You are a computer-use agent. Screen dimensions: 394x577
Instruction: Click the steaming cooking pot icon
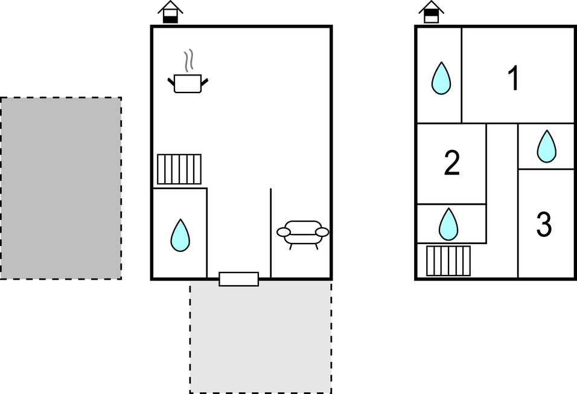point(188,83)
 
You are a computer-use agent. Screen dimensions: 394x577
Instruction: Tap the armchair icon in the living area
point(303,233)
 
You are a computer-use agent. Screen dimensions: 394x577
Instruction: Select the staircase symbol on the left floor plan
point(179,169)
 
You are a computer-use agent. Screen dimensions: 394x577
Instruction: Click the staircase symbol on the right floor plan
point(448,260)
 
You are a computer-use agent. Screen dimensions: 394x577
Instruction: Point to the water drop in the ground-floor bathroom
point(180,235)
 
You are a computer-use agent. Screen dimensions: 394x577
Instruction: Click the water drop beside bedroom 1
point(441,78)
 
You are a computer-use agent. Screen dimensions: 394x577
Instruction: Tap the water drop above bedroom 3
point(547,146)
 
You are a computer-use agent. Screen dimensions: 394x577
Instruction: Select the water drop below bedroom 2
point(448,224)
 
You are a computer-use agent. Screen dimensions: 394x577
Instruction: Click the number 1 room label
point(514,78)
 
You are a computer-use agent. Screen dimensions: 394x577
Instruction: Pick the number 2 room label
point(452,164)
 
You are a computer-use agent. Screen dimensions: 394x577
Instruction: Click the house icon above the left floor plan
point(171,13)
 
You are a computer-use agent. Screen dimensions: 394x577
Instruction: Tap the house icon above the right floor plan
point(431,13)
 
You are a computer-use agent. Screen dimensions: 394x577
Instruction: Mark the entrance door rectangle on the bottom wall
point(238,279)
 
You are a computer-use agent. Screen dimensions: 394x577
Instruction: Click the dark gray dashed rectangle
point(60,188)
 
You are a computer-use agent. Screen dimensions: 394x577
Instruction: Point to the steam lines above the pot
point(189,60)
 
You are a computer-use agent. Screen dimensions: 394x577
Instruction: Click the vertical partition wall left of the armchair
point(270,233)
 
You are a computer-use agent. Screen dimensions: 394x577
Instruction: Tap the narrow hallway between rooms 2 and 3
point(502,199)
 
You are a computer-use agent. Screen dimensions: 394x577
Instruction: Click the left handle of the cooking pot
point(171,80)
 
